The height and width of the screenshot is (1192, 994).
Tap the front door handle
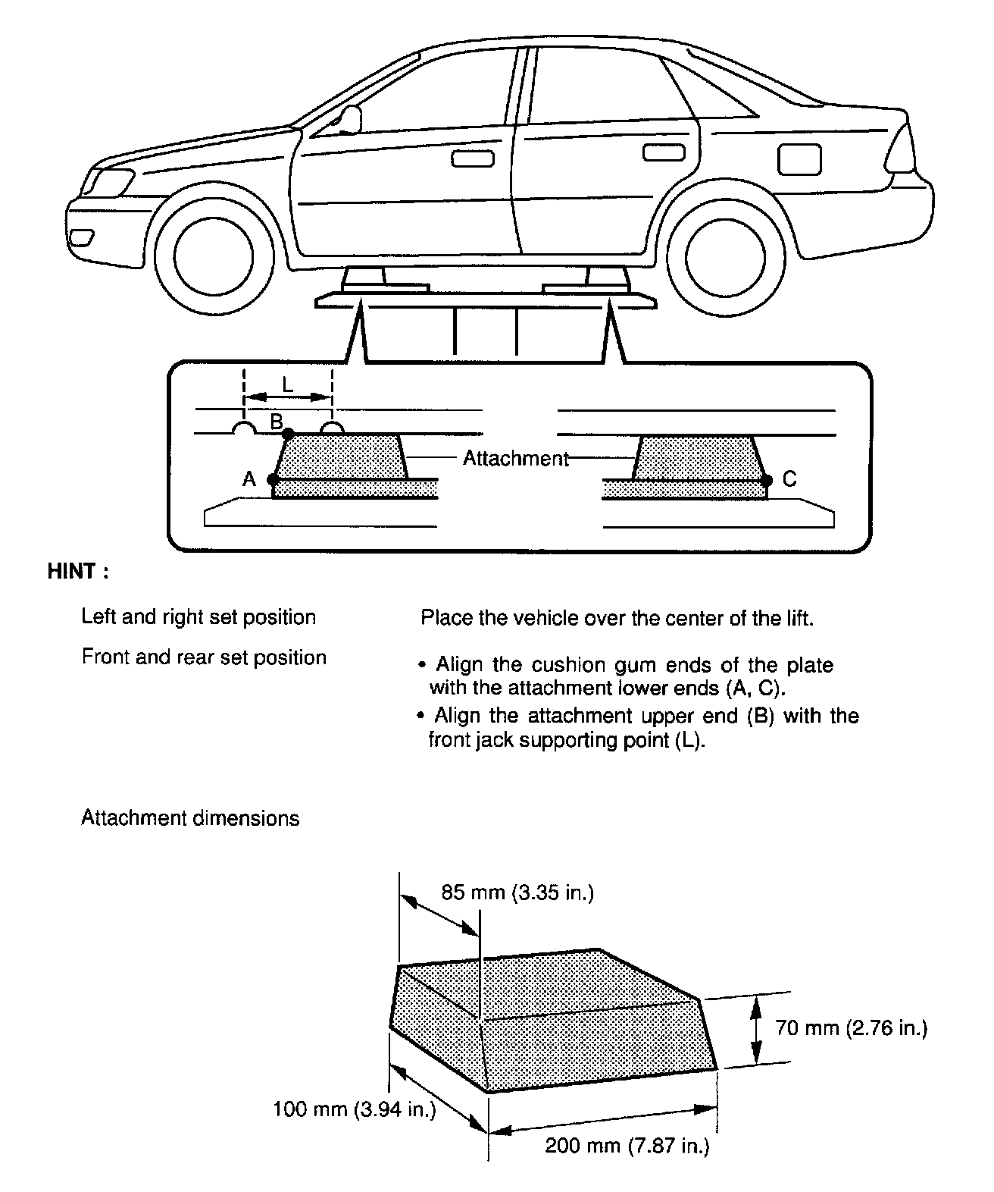pos(472,159)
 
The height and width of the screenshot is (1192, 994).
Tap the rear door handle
pos(664,152)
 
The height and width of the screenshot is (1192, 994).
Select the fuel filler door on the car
pos(799,159)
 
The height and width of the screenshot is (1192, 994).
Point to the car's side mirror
pos(349,119)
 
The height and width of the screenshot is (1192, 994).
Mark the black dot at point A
pos(273,479)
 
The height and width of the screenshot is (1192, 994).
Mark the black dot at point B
pos(288,433)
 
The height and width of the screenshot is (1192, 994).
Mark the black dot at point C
pos(767,479)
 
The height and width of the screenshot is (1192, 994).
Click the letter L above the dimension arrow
pos(287,384)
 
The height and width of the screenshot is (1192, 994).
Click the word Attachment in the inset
pos(515,458)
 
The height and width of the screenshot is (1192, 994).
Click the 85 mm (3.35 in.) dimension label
pos(517,892)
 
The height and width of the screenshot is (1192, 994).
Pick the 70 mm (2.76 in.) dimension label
pos(851,1028)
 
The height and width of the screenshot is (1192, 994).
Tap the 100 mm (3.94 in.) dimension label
pos(355,1110)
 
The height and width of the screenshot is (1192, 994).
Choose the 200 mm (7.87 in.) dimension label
pos(627,1146)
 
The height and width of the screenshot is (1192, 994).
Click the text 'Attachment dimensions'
pos(190,818)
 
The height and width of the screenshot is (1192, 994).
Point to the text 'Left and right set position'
pos(198,617)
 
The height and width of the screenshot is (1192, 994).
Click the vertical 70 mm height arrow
pos(755,1030)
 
